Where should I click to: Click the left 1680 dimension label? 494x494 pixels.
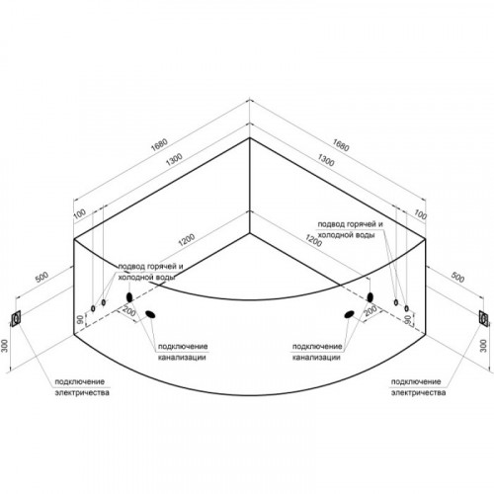(x=159, y=144)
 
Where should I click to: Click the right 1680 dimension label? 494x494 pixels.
(x=341, y=145)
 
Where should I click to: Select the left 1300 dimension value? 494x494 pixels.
(x=174, y=159)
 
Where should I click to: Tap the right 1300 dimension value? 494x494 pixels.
(x=326, y=160)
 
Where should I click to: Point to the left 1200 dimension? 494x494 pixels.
(x=187, y=240)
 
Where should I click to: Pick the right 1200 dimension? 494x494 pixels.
(x=313, y=240)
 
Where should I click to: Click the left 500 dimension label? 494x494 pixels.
(x=41, y=277)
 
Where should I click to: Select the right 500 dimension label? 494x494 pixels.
(x=457, y=277)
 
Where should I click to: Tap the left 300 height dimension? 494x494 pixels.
(x=5, y=346)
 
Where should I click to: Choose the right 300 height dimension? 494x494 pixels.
(x=483, y=346)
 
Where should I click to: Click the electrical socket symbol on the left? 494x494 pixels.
(x=16, y=318)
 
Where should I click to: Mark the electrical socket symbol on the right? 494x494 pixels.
(x=484, y=318)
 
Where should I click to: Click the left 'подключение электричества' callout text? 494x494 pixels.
(x=82, y=387)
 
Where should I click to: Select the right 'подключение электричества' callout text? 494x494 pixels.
(x=418, y=387)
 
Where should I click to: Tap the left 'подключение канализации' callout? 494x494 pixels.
(x=183, y=352)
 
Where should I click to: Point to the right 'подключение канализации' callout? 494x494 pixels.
(x=317, y=352)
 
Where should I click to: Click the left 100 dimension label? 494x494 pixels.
(x=79, y=214)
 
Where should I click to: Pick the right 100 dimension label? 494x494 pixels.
(x=420, y=215)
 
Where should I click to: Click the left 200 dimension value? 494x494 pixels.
(x=128, y=311)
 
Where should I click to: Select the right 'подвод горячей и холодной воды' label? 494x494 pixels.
(x=350, y=229)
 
